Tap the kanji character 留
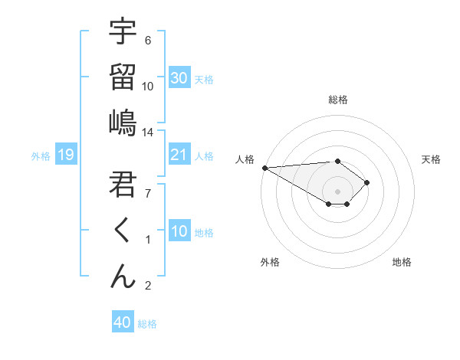pos(123,77)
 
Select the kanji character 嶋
pos(123,123)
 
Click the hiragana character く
pos(123,230)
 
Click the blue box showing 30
pos(179,78)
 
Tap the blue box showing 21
pos(179,155)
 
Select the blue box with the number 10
pos(179,231)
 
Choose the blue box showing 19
pos(65,155)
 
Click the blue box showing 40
pos(122,322)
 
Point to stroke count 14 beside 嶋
pos(148,133)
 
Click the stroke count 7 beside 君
pos(148,193)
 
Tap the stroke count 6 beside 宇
pos(148,41)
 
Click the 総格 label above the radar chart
pos(338,100)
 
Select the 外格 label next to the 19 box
pos(41,156)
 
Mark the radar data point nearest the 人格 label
pos(264,168)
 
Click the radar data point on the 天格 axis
pos(368,182)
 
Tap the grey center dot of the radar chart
pos(338,191)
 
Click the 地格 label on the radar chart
pos(402,263)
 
